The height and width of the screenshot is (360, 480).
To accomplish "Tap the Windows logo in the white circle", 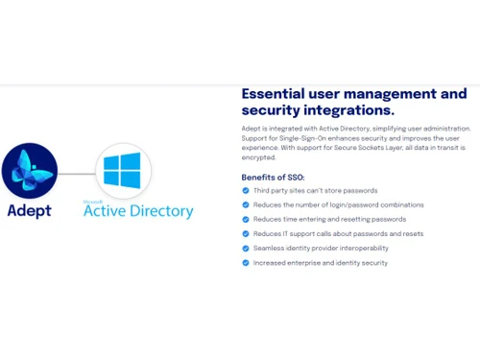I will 122,171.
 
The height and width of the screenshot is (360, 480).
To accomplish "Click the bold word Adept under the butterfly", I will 29,210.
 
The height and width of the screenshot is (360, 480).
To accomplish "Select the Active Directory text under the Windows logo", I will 138,211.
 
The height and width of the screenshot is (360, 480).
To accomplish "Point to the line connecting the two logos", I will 76,173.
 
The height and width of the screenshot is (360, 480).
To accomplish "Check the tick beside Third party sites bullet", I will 246,191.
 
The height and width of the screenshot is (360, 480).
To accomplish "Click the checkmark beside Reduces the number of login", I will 246,204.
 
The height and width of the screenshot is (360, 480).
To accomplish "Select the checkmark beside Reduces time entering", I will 246,219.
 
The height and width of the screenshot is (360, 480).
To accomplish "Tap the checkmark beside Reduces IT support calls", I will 246,233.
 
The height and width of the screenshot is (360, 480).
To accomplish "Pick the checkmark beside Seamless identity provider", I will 246,248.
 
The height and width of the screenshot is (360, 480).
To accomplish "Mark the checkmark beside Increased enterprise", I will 246,262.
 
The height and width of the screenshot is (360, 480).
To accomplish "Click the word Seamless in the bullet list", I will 269,248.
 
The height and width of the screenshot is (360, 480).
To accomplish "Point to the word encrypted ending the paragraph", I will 259,157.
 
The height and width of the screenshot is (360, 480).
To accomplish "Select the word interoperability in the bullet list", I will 368,248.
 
